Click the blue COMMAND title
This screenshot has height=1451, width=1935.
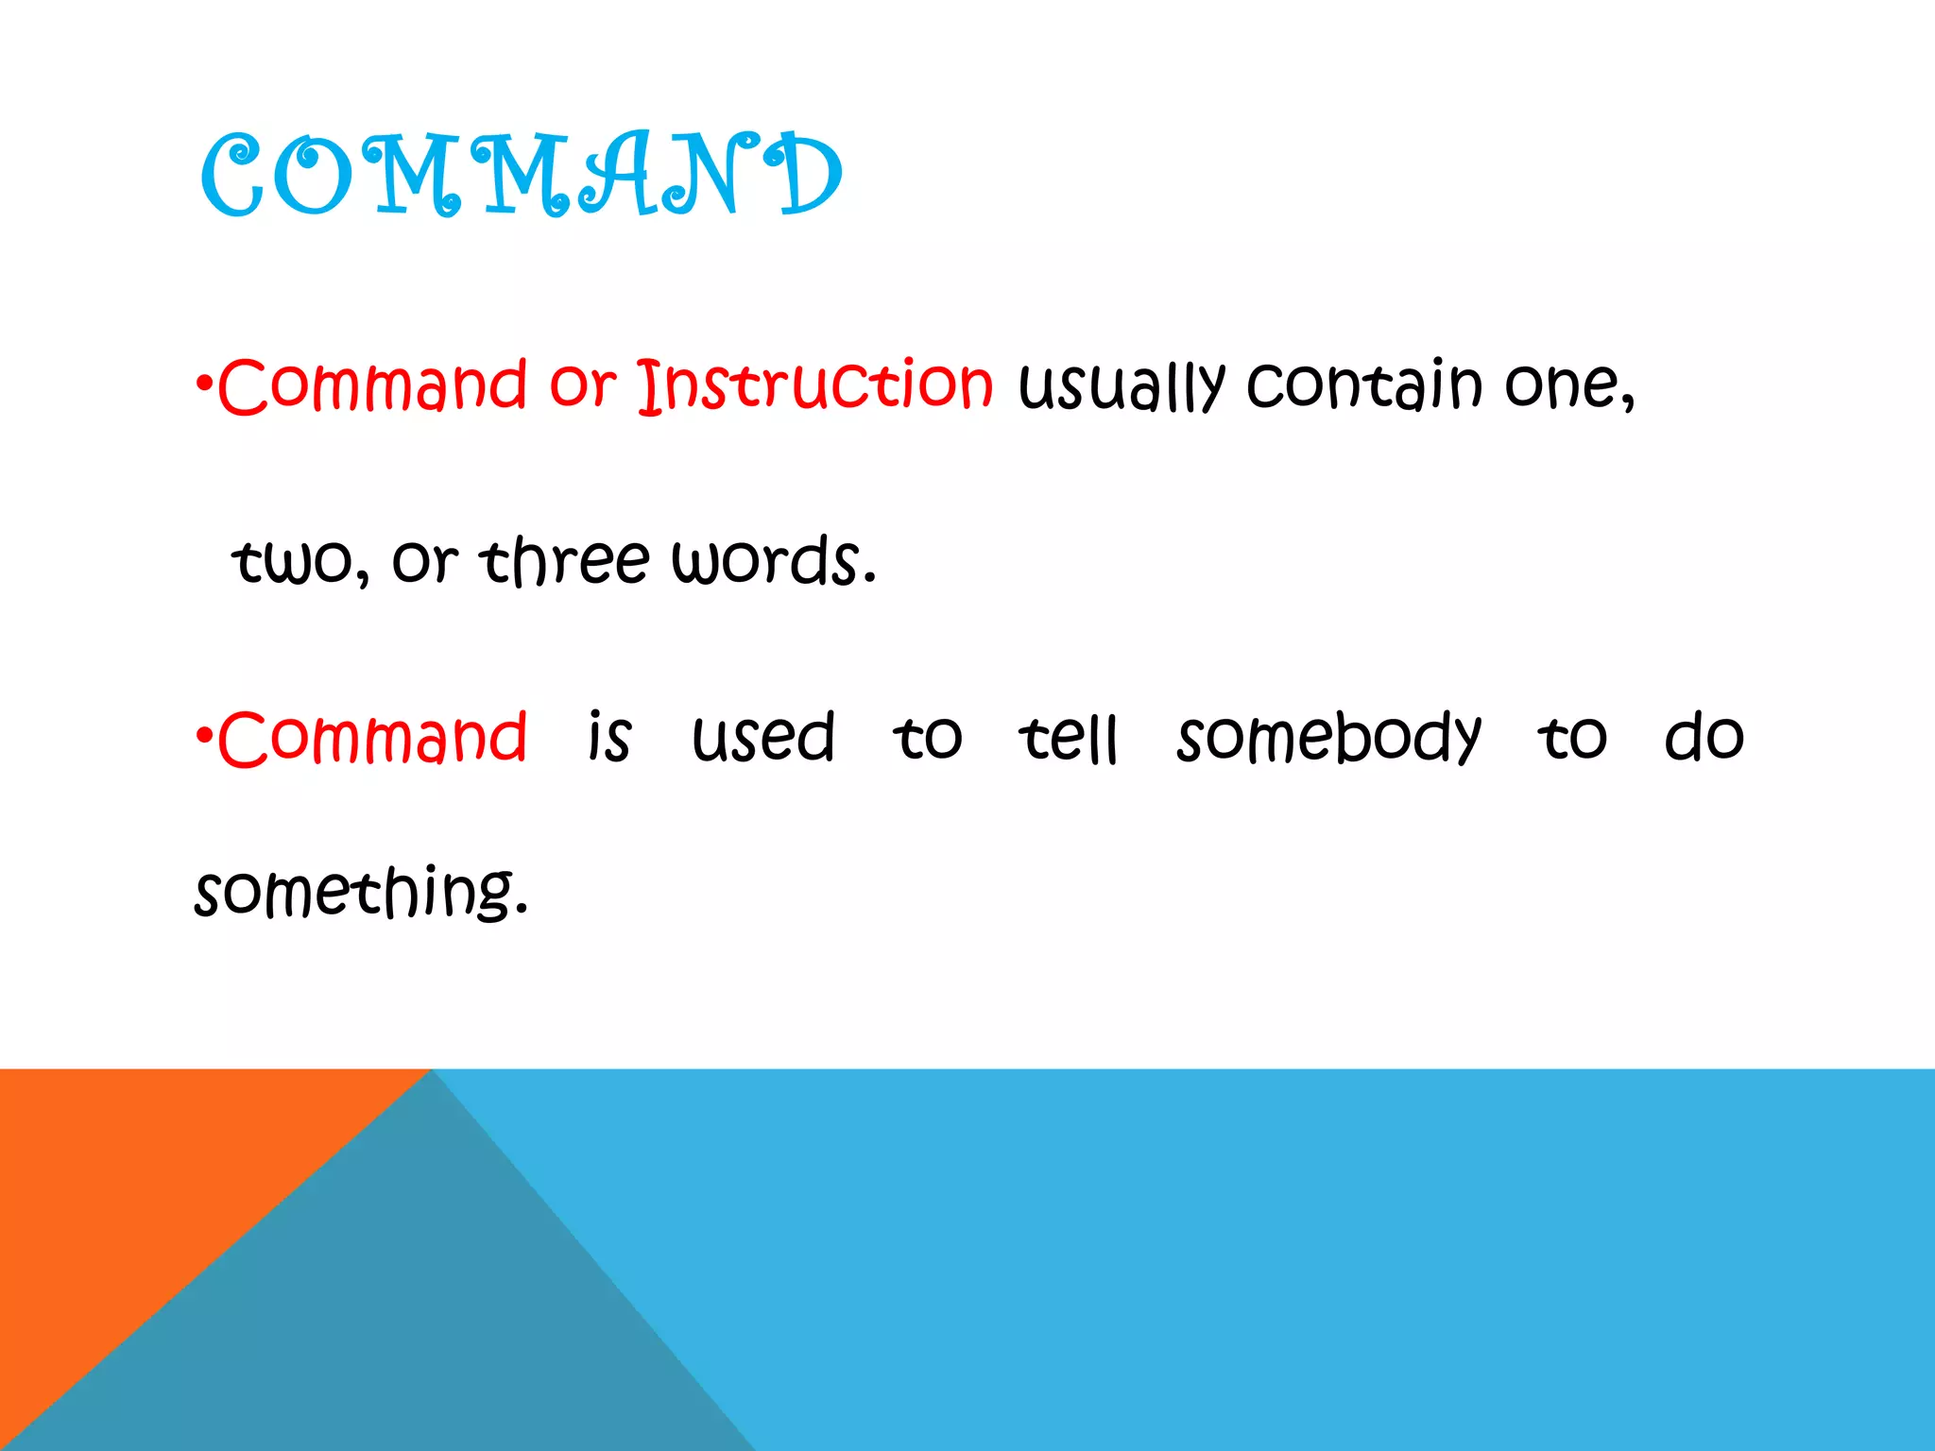pos(522,175)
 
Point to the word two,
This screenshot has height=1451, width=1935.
pos(300,561)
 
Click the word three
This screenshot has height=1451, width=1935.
pos(564,561)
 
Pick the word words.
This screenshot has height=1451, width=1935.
pos(774,561)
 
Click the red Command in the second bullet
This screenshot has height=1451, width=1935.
pos(372,738)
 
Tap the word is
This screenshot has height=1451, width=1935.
pos(609,738)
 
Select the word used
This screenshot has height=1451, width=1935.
pos(763,738)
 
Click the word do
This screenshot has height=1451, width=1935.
pos(1704,738)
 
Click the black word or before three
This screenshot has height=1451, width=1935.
pos(424,561)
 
